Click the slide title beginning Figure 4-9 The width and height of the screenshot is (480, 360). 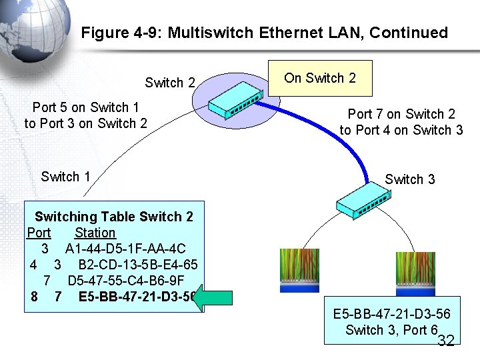[x=264, y=33]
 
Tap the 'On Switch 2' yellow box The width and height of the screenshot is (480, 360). [x=320, y=78]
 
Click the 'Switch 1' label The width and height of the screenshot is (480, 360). [x=65, y=177]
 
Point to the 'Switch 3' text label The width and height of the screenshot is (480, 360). [x=410, y=179]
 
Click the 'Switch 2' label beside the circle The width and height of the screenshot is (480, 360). [x=170, y=83]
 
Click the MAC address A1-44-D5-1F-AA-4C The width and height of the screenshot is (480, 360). [x=125, y=249]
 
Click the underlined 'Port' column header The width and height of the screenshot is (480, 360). [x=39, y=233]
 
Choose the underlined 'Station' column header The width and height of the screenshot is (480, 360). [x=95, y=233]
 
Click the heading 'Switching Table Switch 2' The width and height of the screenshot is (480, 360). [x=114, y=217]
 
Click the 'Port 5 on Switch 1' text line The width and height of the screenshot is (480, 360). [x=85, y=107]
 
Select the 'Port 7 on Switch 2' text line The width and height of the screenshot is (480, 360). [x=401, y=115]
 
